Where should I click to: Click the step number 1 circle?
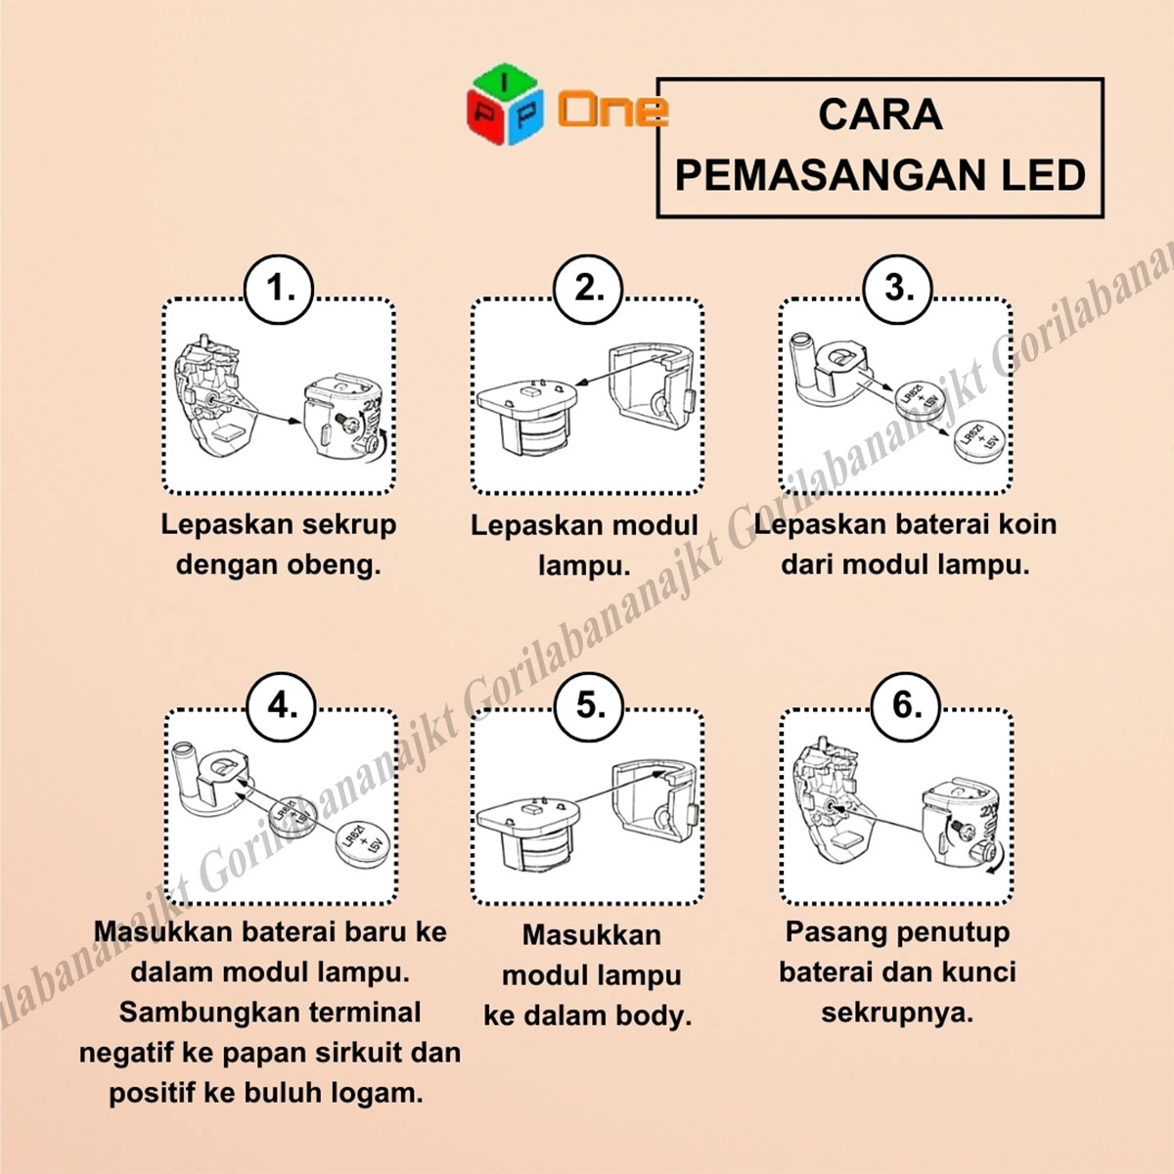pos(279,289)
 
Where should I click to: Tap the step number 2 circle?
pos(588,289)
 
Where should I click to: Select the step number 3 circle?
pos(897,289)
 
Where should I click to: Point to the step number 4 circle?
pos(282,706)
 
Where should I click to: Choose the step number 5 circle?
pos(589,706)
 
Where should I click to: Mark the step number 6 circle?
pos(906,706)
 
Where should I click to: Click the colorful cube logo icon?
pos(505,104)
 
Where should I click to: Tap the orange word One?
pos(612,110)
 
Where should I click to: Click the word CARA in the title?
pos(880,115)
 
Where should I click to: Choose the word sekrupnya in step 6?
pos(897,1014)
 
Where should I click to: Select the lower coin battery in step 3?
pos(979,445)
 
